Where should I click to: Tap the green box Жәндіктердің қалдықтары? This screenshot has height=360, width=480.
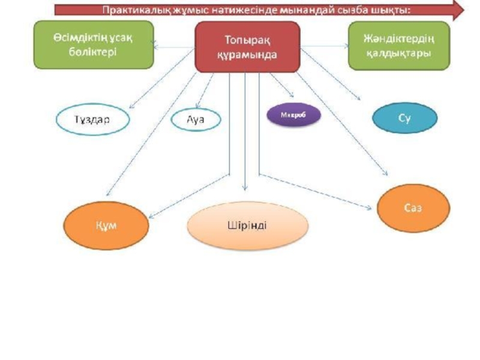point(398,46)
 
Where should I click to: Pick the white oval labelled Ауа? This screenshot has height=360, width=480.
point(196,119)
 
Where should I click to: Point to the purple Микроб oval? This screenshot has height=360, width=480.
point(293,116)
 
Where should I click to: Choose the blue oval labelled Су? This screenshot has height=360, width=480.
point(404,118)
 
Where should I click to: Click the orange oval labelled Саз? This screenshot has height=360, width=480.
point(413,207)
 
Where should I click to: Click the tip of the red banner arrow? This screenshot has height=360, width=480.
point(462,10)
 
